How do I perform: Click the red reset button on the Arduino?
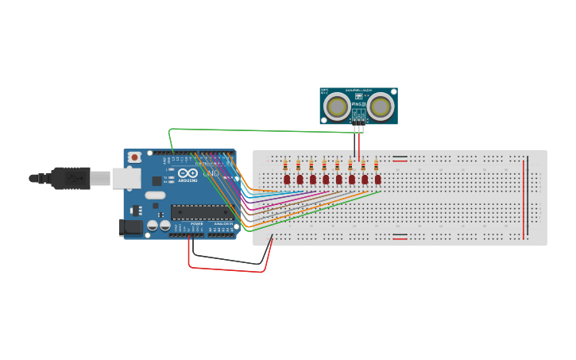pyautogui.click(x=135, y=157)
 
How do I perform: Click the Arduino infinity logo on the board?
pyautogui.click(x=188, y=173)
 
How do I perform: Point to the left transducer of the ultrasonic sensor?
pyautogui.click(x=338, y=106)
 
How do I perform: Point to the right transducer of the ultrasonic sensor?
pyautogui.click(x=381, y=106)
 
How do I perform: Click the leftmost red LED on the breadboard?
pyautogui.click(x=287, y=180)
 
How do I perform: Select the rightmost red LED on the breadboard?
pyautogui.click(x=377, y=180)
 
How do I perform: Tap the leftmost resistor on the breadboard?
pyautogui.click(x=286, y=165)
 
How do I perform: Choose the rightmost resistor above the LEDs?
pyautogui.click(x=376, y=165)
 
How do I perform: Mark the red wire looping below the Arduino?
pyautogui.click(x=226, y=269)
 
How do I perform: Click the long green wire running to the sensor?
pyautogui.click(x=262, y=130)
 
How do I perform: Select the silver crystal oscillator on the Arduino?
pyautogui.click(x=155, y=195)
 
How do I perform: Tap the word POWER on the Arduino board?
pyautogui.click(x=196, y=224)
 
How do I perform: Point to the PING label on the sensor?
pyautogui.click(x=357, y=104)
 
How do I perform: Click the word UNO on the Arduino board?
pyautogui.click(x=211, y=173)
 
